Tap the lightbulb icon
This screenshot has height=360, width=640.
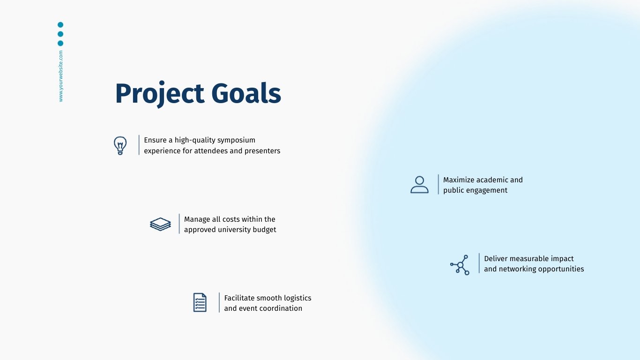pyautogui.click(x=120, y=145)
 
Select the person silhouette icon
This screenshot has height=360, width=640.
pyautogui.click(x=419, y=185)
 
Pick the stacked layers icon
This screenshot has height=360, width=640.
pyautogui.click(x=160, y=224)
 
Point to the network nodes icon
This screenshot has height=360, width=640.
pyautogui.click(x=460, y=265)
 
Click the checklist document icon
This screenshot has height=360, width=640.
pyautogui.click(x=200, y=302)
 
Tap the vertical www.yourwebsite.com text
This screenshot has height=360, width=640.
pyautogui.click(x=60, y=76)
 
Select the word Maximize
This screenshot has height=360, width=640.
pyautogui.click(x=458, y=180)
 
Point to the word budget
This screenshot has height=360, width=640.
pyautogui.click(x=264, y=230)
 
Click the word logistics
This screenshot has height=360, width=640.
pyautogui.click(x=294, y=298)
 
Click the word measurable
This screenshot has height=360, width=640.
pyautogui.click(x=529, y=259)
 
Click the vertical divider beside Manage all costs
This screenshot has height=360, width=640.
pyautogui.click(x=179, y=224)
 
